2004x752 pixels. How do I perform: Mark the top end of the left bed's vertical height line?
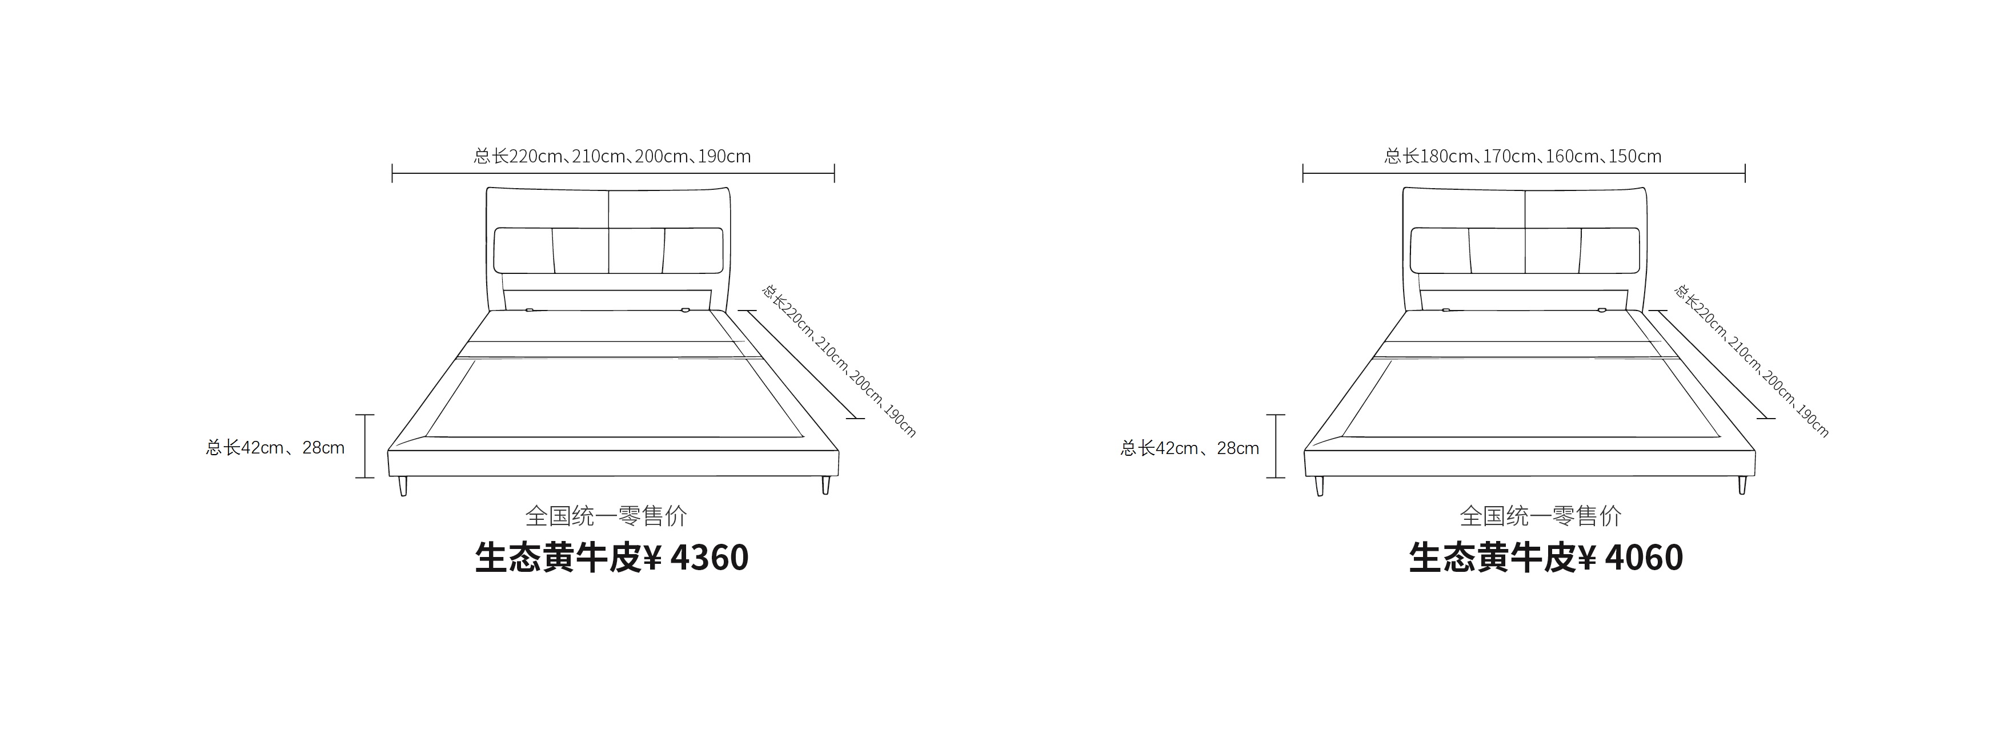365,415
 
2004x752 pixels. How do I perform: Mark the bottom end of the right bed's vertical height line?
1276,477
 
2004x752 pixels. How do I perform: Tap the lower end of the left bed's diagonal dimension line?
856,418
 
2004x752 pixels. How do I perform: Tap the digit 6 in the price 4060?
1653,558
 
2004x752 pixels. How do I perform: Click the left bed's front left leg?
402,487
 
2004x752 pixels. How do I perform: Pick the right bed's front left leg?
1318,487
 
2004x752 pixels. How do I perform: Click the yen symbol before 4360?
654,558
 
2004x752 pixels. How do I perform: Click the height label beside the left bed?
275,448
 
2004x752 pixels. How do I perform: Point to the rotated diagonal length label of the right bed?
1751,360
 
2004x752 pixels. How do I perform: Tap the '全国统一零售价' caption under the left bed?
606,515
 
